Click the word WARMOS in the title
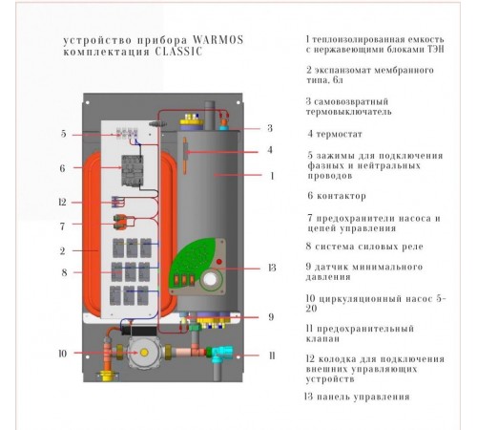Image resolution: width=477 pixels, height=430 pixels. click(x=218, y=40)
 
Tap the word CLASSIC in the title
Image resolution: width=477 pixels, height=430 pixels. click(x=178, y=52)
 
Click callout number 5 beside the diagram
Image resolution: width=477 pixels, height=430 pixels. click(x=64, y=134)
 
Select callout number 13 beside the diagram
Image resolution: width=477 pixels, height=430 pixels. click(x=272, y=268)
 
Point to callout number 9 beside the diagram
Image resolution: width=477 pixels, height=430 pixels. click(x=271, y=317)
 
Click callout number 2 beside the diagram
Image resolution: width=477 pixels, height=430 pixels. click(x=63, y=251)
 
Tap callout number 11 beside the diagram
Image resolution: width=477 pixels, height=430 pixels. click(x=272, y=355)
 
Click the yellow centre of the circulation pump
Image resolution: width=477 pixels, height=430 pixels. click(x=144, y=353)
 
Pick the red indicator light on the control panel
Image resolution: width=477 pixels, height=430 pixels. click(x=219, y=262)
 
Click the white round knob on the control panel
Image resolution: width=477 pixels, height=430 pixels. click(x=210, y=280)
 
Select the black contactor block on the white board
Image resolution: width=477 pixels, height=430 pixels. click(x=133, y=170)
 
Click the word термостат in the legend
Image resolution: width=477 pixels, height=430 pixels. click(x=340, y=134)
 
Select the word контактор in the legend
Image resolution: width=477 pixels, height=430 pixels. click(x=342, y=196)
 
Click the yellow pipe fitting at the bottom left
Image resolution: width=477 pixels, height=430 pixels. click(x=109, y=376)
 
